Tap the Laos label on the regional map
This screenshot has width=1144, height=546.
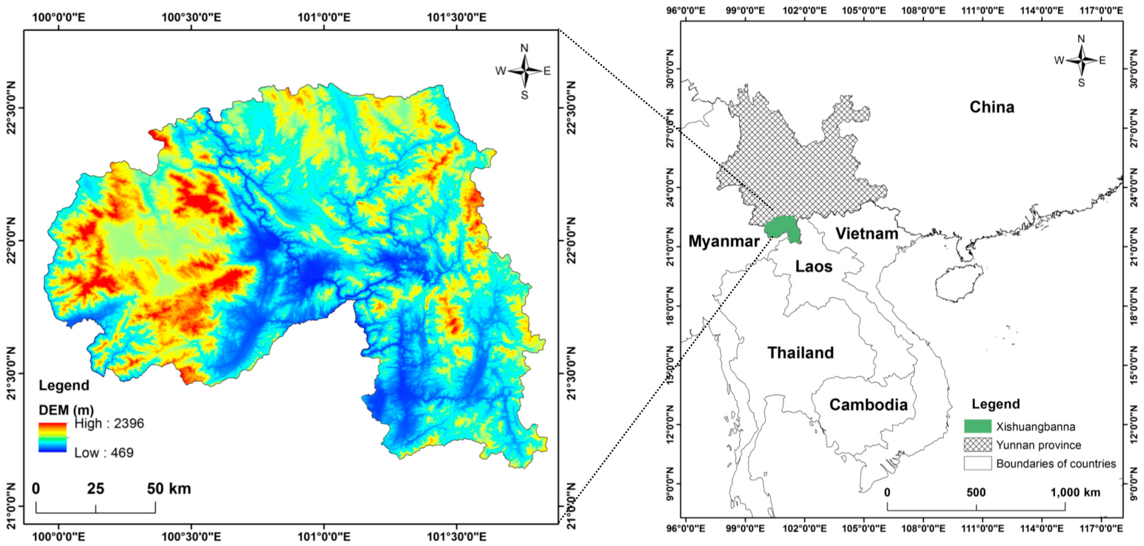814,266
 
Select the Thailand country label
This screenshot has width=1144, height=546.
801,353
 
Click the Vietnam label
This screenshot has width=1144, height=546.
867,233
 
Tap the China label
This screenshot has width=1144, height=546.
992,107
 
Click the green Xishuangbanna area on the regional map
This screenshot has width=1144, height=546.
784,228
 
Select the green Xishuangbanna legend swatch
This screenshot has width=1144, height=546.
977,426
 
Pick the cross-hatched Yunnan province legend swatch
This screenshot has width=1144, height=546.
977,445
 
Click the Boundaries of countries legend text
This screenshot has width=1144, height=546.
1056,464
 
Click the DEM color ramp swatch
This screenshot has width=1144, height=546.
52,437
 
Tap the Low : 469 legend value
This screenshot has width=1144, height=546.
104,453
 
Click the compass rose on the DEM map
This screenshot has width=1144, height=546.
524,71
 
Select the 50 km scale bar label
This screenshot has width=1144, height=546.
169,489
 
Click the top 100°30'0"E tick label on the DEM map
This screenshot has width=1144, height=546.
191,17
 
